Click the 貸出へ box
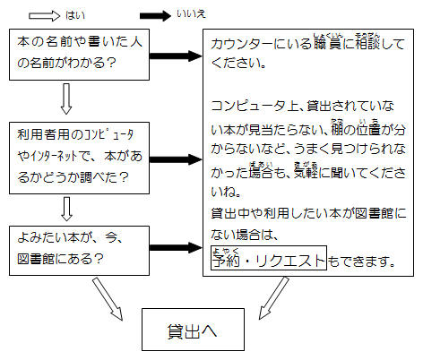point(192,330)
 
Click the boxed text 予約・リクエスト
point(268,261)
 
